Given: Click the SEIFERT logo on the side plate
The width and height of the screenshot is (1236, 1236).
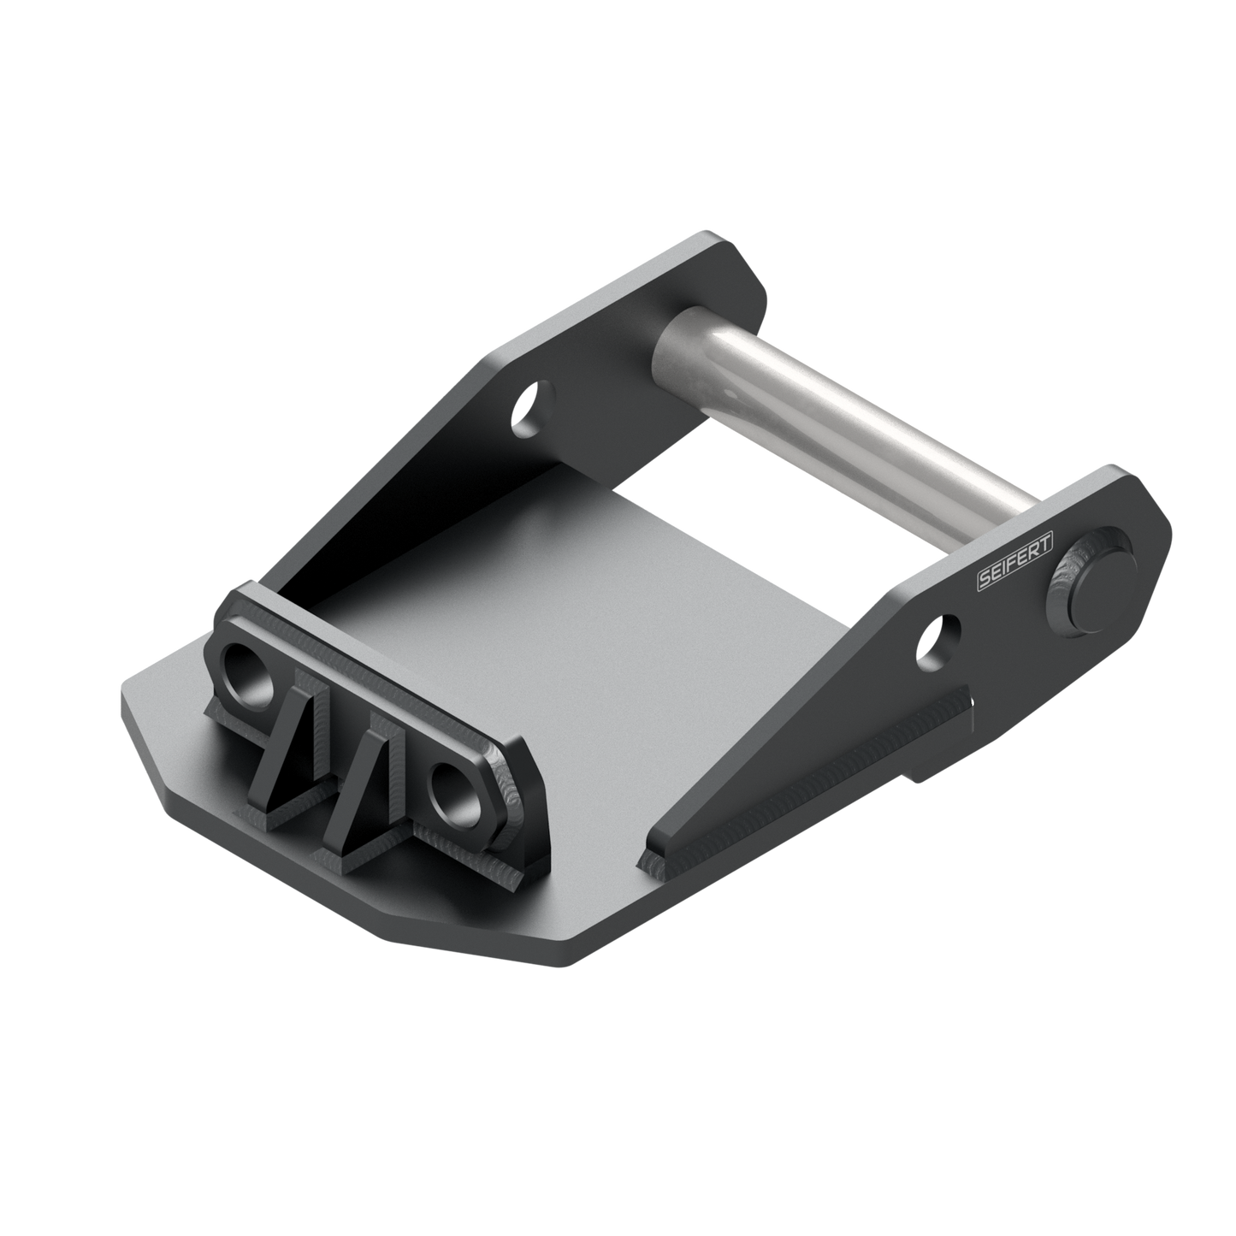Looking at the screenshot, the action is pyautogui.click(x=1014, y=564).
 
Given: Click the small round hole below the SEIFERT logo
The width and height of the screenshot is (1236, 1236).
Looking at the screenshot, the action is pyautogui.click(x=938, y=640).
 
